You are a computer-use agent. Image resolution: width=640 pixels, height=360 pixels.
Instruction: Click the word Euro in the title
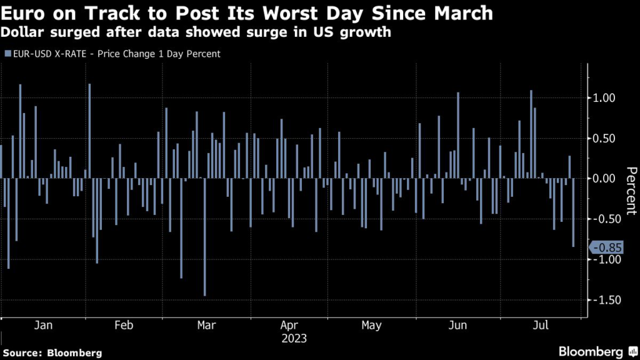tap(26, 13)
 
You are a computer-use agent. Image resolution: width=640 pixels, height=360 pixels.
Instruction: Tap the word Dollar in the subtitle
tap(24, 32)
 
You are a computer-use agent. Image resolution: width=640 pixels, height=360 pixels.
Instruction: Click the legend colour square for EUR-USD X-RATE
tap(7, 54)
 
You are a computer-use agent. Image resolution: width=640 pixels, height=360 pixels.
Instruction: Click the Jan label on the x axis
tap(42, 326)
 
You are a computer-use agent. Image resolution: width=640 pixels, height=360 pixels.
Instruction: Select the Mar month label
tap(206, 326)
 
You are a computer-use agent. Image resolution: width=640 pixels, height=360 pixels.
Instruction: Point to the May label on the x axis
tap(371, 326)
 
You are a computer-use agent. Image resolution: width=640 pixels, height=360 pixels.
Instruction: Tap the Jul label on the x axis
tap(541, 326)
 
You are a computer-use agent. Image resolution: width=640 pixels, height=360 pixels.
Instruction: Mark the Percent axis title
tap(630, 191)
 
